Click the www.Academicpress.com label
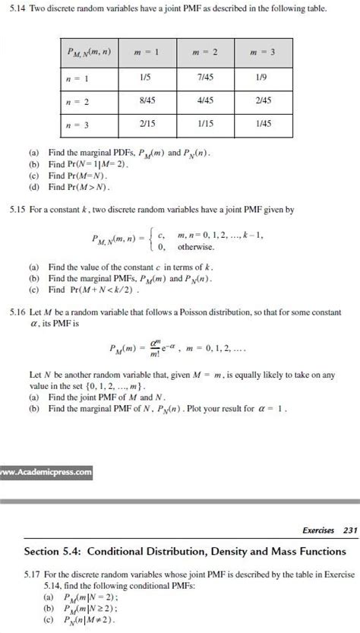[46, 472]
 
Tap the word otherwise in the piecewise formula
[197, 248]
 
